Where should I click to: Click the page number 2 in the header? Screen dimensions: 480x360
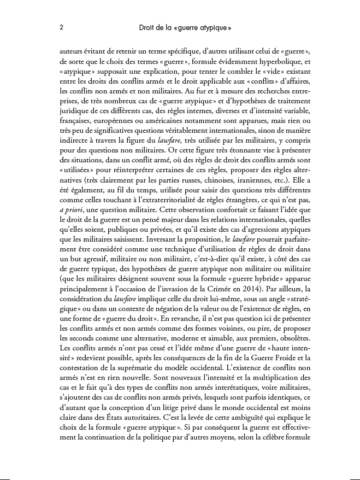61,27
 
